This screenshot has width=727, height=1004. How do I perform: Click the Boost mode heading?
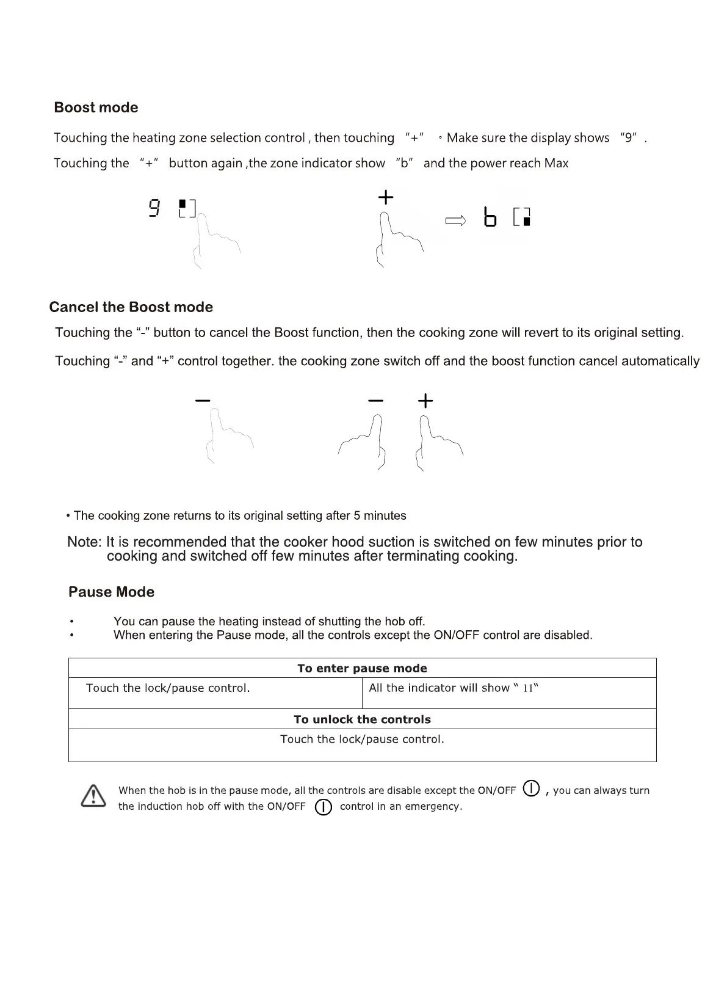click(x=96, y=107)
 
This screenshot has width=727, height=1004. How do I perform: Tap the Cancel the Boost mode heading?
click(x=131, y=307)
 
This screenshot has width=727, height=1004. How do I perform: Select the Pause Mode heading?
click(x=111, y=592)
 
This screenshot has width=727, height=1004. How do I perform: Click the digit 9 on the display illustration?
click(x=154, y=208)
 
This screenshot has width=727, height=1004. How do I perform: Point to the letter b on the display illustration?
click(x=490, y=217)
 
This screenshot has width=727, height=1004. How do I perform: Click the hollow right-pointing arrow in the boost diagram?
click(x=455, y=220)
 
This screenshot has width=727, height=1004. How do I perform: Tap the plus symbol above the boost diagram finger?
click(x=386, y=197)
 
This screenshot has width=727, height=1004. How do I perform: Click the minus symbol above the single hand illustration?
click(x=203, y=401)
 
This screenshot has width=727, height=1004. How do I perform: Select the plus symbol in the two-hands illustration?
click(x=425, y=401)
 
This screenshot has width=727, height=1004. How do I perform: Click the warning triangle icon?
click(x=93, y=796)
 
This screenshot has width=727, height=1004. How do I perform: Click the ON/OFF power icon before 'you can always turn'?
click(x=532, y=788)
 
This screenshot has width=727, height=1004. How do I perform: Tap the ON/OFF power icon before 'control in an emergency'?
click(x=323, y=807)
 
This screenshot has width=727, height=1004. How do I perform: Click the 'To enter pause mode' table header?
click(x=362, y=668)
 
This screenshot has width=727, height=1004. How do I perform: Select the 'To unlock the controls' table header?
click(x=362, y=719)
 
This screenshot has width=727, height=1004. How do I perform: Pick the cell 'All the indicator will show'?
click(x=454, y=688)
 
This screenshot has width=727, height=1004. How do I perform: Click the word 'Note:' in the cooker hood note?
click(x=84, y=542)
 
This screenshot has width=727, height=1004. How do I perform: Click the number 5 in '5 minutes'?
click(x=356, y=516)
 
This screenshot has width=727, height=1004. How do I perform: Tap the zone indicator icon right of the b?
click(x=522, y=217)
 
